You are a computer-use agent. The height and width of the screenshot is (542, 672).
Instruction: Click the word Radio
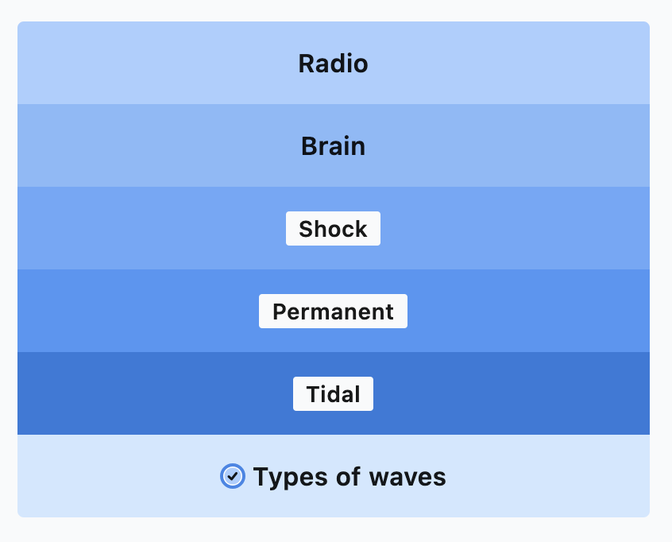click(333, 64)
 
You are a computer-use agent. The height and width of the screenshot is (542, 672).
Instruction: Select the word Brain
click(333, 146)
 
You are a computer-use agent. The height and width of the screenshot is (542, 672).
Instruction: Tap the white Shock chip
click(333, 229)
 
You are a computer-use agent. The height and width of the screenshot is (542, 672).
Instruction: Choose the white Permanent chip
click(333, 312)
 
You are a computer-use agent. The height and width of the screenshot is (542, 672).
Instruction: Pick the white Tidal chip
click(333, 393)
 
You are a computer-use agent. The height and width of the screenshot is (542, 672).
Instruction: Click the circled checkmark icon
click(233, 476)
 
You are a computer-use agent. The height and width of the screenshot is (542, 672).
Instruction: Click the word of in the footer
click(348, 476)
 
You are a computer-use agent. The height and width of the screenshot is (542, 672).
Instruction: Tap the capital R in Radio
click(307, 64)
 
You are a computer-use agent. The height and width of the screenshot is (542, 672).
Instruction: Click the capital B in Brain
click(309, 146)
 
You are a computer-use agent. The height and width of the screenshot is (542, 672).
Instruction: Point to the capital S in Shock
click(306, 229)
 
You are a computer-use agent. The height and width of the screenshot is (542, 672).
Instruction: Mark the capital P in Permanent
click(280, 312)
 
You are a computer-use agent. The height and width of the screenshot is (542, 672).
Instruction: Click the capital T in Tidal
click(314, 394)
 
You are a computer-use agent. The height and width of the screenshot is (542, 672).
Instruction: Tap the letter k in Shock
click(361, 229)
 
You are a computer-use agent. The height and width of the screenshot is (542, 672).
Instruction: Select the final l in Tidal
click(357, 393)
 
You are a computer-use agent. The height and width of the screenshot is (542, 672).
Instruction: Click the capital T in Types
click(261, 476)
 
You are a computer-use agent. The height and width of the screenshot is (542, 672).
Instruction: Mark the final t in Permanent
click(389, 312)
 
